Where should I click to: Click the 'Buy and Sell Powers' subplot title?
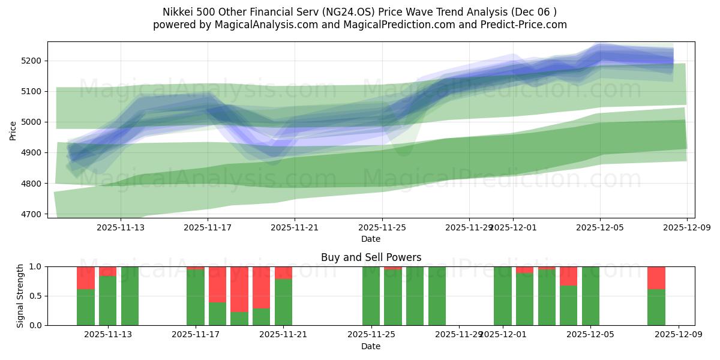[x=371, y=257]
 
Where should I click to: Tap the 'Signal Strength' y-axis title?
[x=21, y=296]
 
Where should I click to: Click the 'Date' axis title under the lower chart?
[x=371, y=346]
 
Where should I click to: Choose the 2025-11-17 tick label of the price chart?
[x=208, y=227]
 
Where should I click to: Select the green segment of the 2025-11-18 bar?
[x=217, y=313]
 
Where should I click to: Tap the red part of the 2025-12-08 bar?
[x=656, y=278]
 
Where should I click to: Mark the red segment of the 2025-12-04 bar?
[x=568, y=276]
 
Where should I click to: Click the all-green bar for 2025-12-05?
[x=590, y=296]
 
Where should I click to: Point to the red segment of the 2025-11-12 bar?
[x=86, y=278]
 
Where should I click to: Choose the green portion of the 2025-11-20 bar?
[x=261, y=316]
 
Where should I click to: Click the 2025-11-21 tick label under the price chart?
[x=295, y=227]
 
